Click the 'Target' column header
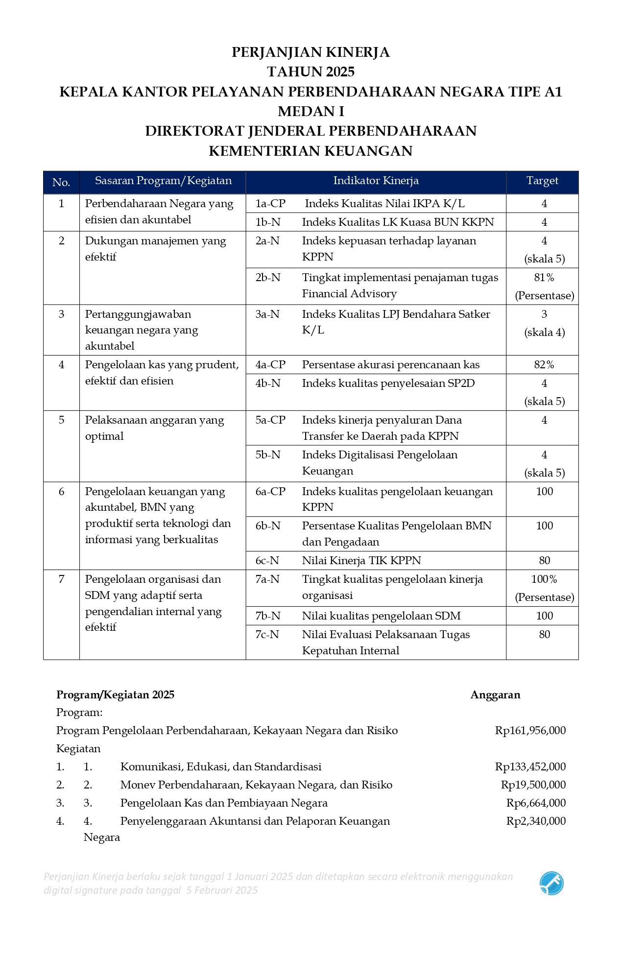click(x=542, y=181)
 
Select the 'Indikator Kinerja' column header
click(x=376, y=181)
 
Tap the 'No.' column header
click(x=61, y=182)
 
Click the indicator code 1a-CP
click(x=270, y=204)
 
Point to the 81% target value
click(x=544, y=278)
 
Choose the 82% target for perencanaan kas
click(x=544, y=365)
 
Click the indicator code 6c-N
click(x=267, y=561)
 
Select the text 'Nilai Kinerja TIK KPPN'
click(x=361, y=561)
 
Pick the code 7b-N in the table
click(x=268, y=616)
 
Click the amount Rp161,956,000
click(x=530, y=731)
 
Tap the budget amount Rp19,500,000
click(x=533, y=785)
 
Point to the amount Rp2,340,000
click(x=536, y=821)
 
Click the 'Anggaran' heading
click(x=495, y=695)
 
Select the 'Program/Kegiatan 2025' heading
click(x=116, y=695)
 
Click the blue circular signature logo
click(x=551, y=883)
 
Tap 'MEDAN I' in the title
click(x=311, y=112)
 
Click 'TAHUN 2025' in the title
click(x=311, y=72)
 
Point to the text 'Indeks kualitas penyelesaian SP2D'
click(x=388, y=383)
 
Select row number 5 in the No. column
click(x=61, y=420)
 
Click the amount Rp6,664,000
click(x=536, y=803)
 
